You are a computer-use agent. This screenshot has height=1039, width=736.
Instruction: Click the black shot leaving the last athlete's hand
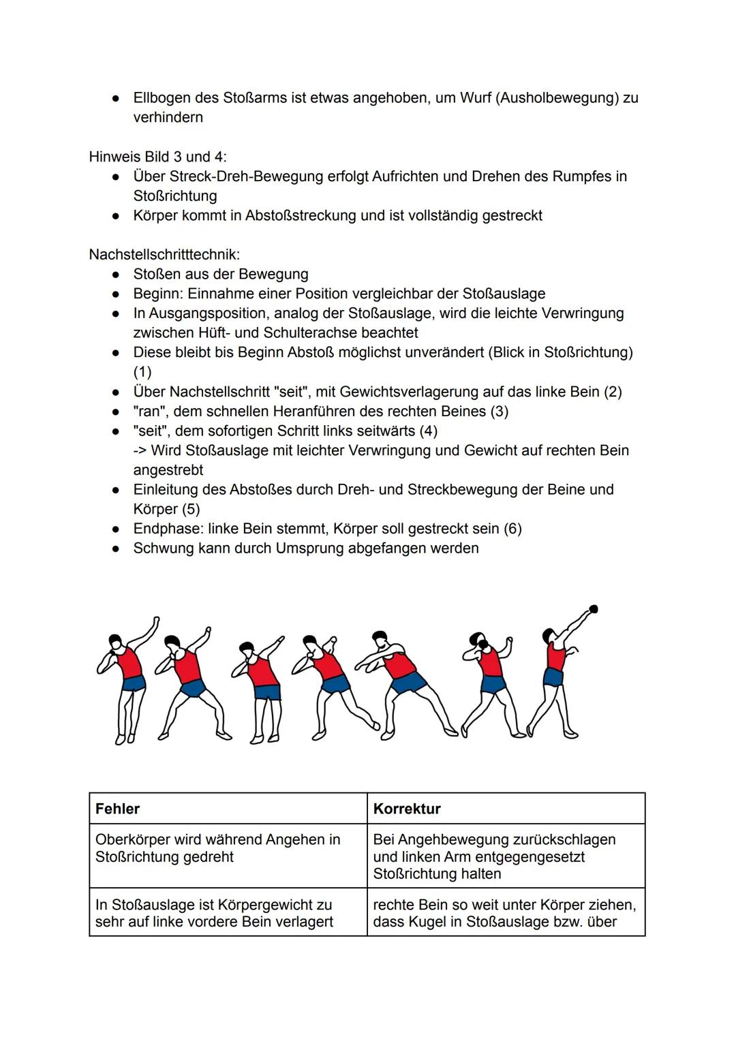click(594, 608)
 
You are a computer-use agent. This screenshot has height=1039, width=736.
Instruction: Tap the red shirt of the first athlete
click(129, 662)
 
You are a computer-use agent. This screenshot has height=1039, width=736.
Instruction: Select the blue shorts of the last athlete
click(553, 677)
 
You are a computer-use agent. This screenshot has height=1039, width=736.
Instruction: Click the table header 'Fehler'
click(117, 809)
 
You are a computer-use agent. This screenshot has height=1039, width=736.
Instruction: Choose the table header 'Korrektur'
click(407, 809)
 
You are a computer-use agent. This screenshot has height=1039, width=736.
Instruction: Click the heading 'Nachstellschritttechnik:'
click(164, 255)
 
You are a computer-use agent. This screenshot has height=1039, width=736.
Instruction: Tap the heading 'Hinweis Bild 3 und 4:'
click(158, 157)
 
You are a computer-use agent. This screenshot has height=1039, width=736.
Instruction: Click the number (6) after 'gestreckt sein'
click(512, 529)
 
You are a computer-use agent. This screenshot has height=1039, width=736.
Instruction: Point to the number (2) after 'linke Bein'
click(613, 392)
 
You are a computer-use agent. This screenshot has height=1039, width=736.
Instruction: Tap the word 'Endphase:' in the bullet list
click(168, 529)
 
